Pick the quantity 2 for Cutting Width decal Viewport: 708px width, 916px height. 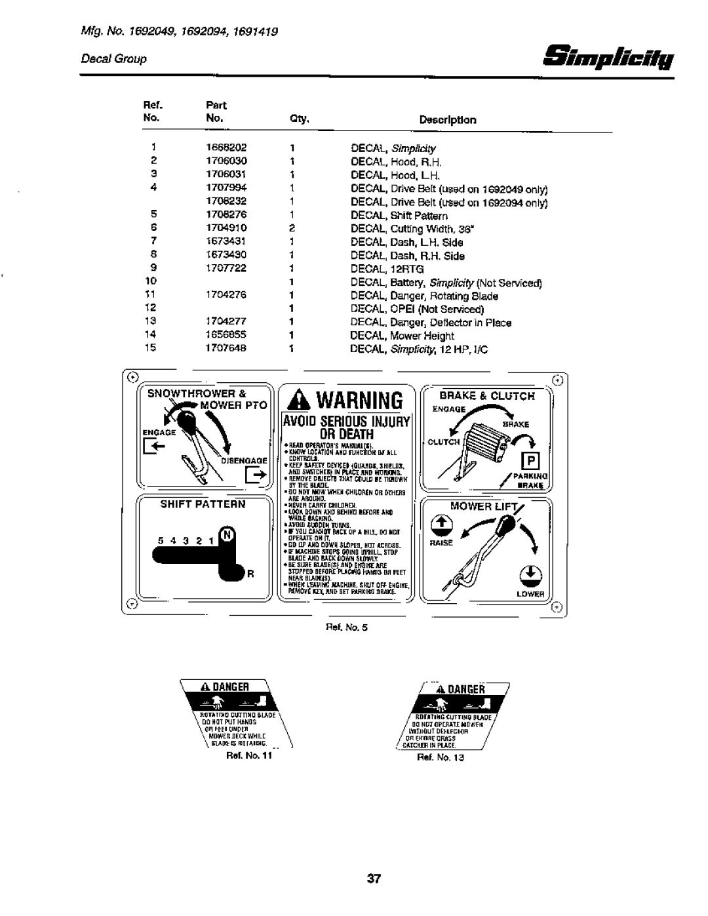292,228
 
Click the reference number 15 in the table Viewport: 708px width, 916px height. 151,349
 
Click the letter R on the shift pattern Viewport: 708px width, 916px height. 250,573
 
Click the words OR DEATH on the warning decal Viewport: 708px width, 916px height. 347,434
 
